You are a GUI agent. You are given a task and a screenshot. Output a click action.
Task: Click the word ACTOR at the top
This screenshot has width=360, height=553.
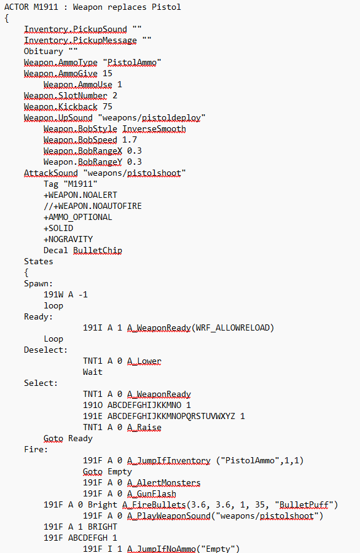click(16, 7)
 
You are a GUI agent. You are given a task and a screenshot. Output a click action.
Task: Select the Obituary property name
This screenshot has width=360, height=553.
click(44, 52)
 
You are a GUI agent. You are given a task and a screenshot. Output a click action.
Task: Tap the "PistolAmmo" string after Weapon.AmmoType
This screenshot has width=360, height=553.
click(132, 63)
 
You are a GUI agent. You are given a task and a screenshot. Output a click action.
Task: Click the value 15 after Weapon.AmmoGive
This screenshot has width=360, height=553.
click(107, 74)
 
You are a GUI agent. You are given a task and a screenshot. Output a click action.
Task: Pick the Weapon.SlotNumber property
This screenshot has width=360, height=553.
click(65, 96)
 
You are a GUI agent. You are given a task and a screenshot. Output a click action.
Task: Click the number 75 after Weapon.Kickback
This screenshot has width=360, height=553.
click(107, 107)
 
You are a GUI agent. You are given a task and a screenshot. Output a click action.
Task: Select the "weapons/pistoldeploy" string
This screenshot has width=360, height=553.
click(151, 118)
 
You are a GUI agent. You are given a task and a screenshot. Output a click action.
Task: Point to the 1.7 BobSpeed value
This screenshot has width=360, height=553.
click(130, 140)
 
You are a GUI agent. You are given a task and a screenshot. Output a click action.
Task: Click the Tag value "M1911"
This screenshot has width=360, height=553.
click(80, 184)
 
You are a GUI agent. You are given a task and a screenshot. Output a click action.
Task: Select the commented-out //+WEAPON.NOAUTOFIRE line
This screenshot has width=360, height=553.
click(92, 206)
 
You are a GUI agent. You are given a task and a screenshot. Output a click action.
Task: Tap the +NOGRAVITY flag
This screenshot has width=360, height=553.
click(68, 240)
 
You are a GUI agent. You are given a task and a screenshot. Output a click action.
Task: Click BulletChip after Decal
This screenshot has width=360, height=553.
click(97, 251)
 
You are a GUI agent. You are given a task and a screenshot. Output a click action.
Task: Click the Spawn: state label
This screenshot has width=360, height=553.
click(38, 284)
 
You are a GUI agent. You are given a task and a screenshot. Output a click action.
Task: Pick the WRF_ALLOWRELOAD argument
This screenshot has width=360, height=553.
click(233, 328)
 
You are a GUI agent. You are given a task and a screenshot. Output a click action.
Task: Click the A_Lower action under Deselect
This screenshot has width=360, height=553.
click(144, 361)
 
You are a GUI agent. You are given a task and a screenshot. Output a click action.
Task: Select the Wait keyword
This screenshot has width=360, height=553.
click(92, 372)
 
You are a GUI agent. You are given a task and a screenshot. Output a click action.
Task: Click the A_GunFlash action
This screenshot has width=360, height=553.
click(151, 494)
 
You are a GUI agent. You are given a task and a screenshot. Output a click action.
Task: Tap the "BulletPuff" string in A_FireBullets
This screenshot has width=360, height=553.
click(304, 505)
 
